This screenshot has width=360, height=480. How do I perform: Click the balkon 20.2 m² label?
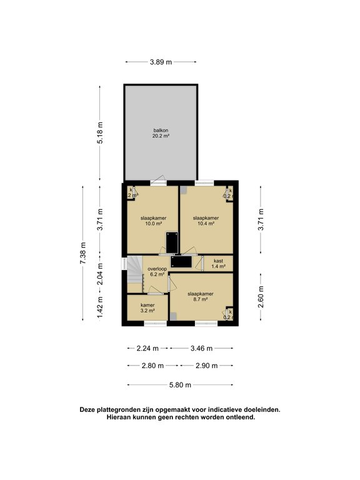click(161, 132)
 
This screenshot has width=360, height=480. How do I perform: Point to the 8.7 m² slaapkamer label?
click(201, 296)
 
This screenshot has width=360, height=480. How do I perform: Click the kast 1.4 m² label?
click(218, 263)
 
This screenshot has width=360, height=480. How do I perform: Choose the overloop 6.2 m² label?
click(157, 271)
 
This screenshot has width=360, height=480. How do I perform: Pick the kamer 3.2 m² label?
click(147, 307)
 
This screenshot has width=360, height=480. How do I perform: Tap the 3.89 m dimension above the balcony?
click(161, 62)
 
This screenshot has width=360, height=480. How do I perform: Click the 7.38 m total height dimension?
click(83, 253)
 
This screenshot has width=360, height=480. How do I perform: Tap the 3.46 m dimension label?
click(201, 348)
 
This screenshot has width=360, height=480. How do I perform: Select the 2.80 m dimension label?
click(152, 366)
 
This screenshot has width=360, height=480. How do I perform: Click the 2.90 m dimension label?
click(206, 366)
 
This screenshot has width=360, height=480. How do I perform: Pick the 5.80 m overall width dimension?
click(180, 385)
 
